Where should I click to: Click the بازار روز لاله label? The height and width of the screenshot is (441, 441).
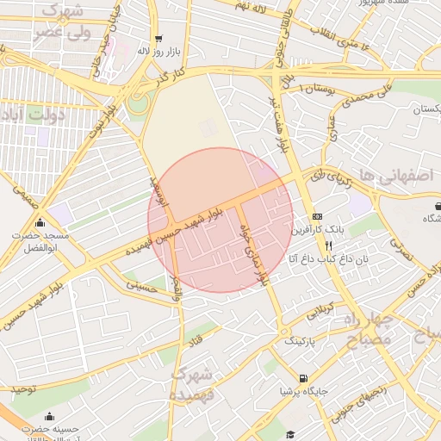158,50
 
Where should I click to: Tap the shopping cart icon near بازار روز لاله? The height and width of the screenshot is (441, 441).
158,39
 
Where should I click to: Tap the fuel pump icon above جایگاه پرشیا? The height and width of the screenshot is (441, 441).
302,378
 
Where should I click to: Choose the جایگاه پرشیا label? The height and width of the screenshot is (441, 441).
302,391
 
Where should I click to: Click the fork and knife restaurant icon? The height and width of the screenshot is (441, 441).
318,245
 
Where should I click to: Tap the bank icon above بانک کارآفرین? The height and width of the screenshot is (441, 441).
318,216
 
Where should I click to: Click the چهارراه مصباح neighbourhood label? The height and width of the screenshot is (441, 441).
380,330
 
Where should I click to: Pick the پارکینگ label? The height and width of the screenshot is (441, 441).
301,342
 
